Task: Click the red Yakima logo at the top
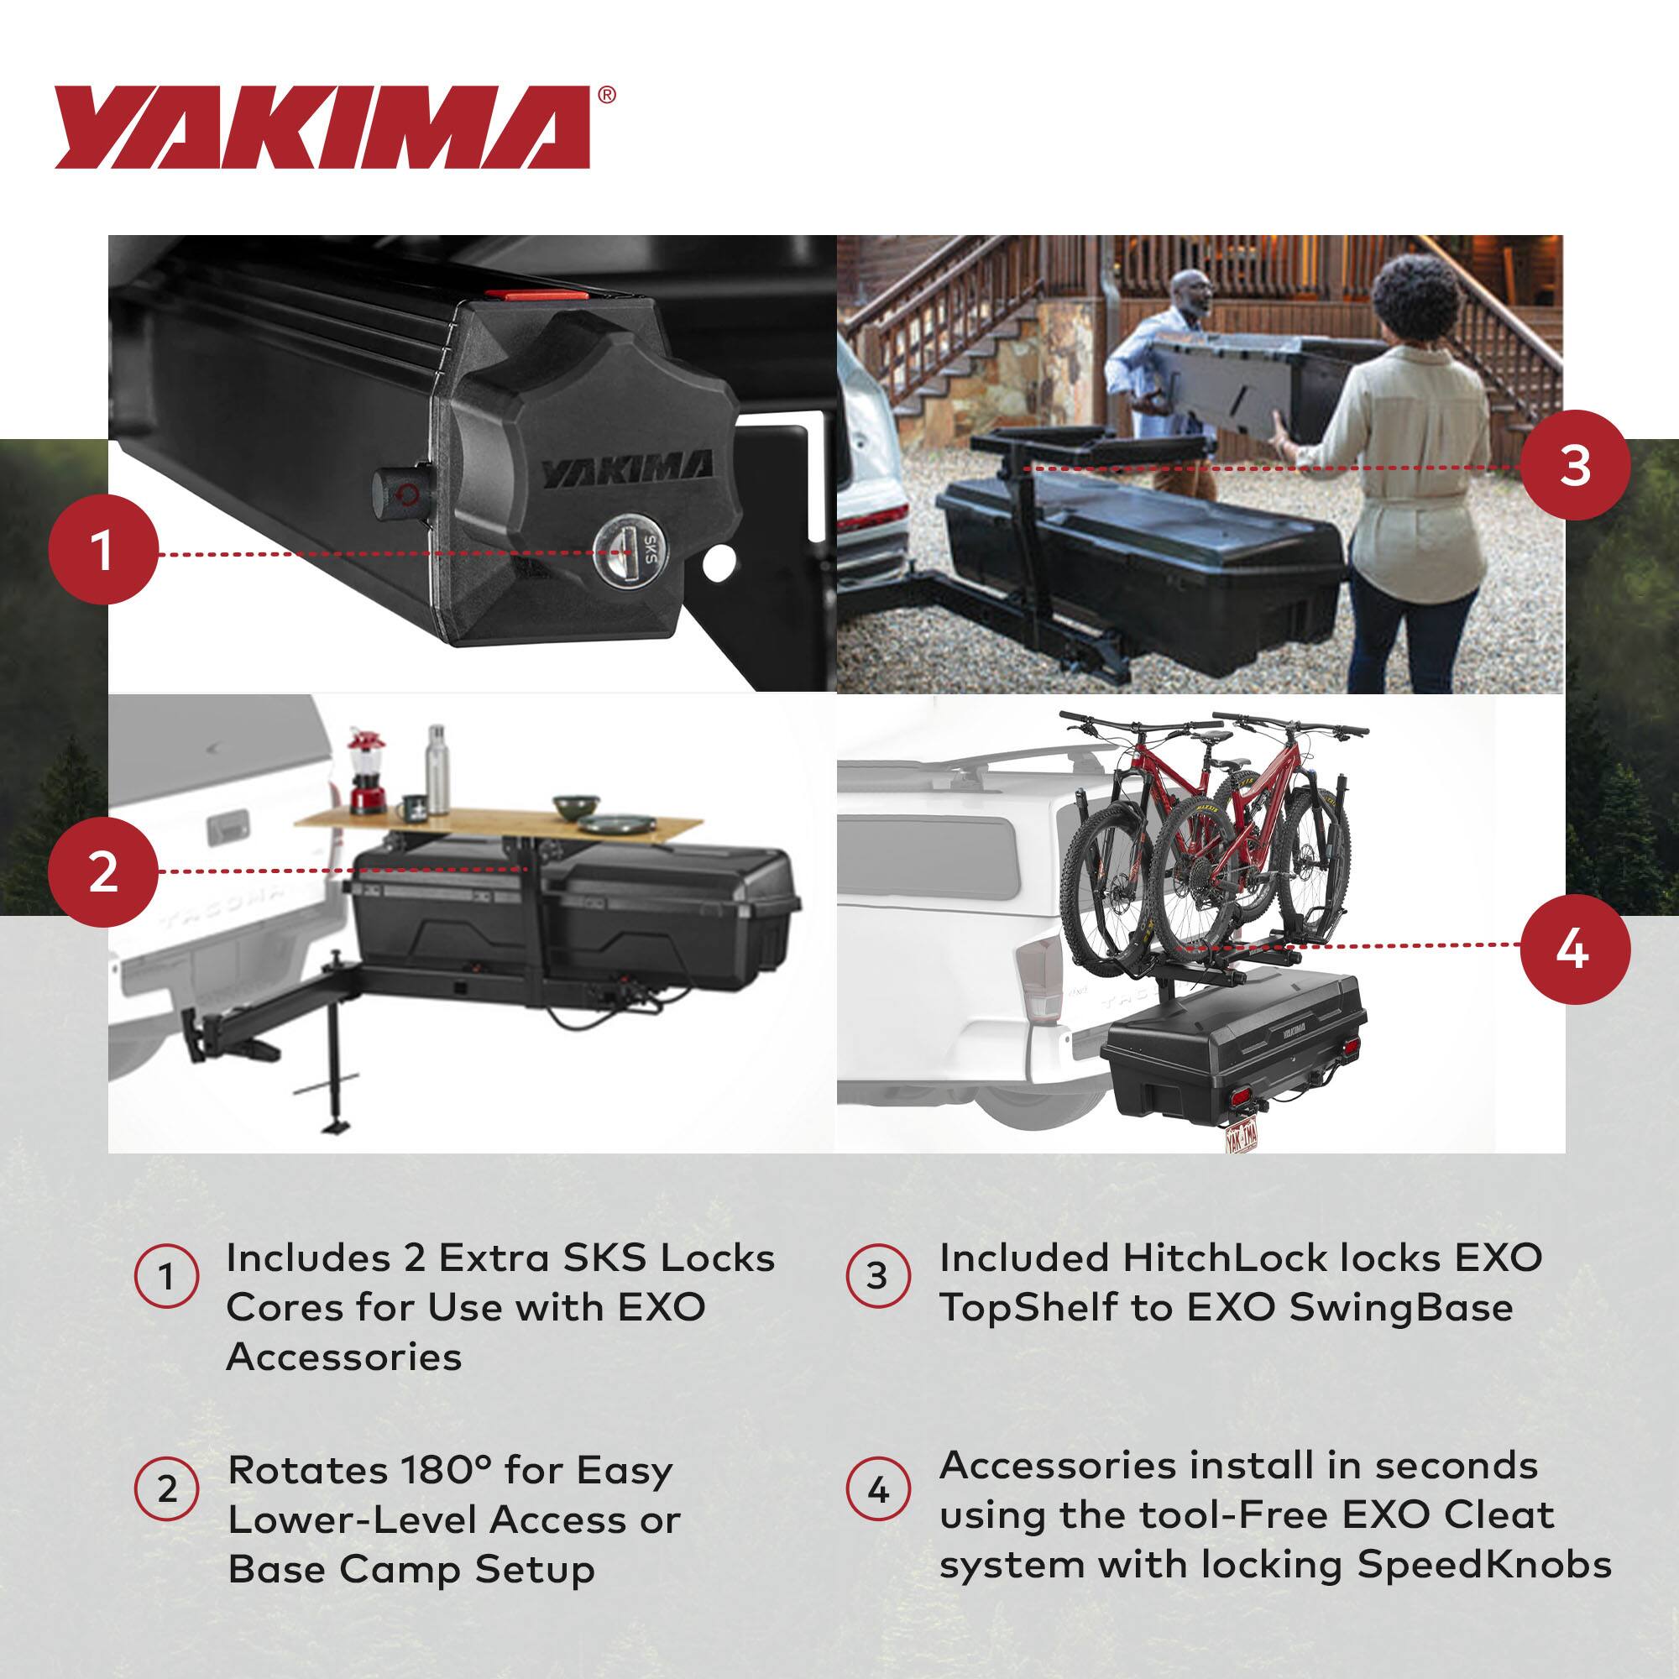click(322, 127)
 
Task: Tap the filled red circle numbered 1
click(103, 552)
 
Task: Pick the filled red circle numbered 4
click(1575, 949)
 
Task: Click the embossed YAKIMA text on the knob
click(626, 471)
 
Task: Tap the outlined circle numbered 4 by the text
click(878, 1491)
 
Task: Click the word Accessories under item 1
click(344, 1357)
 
